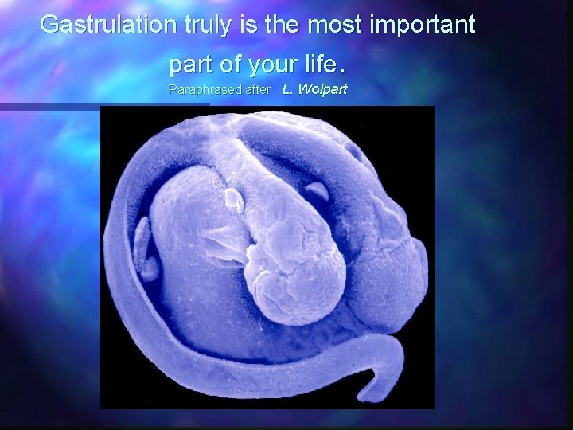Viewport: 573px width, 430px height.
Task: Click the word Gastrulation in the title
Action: (108, 25)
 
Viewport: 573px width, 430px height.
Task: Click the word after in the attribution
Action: (256, 90)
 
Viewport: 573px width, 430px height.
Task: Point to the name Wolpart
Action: (323, 90)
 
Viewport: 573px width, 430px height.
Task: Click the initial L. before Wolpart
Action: (288, 90)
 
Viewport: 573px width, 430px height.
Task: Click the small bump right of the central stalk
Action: (317, 192)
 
